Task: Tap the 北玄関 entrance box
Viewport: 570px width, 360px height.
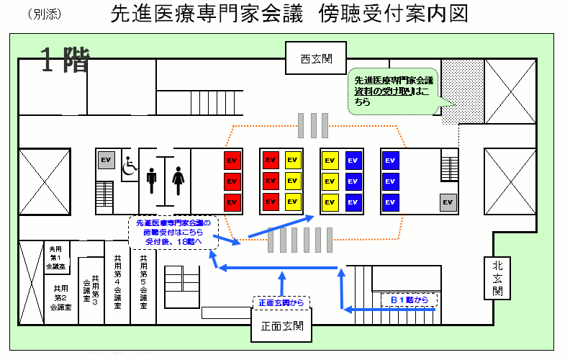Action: (x=497, y=277)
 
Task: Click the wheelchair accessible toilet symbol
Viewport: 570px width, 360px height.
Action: (x=129, y=166)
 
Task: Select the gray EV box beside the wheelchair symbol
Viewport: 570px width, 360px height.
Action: (x=106, y=160)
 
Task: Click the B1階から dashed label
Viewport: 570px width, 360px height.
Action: (x=410, y=298)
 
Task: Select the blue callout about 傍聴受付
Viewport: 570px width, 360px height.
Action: (x=173, y=233)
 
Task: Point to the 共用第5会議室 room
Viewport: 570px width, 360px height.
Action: (x=143, y=281)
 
